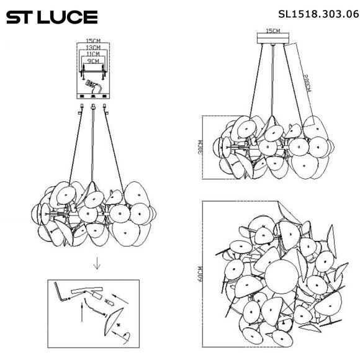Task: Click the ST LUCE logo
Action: pos(52,17)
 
